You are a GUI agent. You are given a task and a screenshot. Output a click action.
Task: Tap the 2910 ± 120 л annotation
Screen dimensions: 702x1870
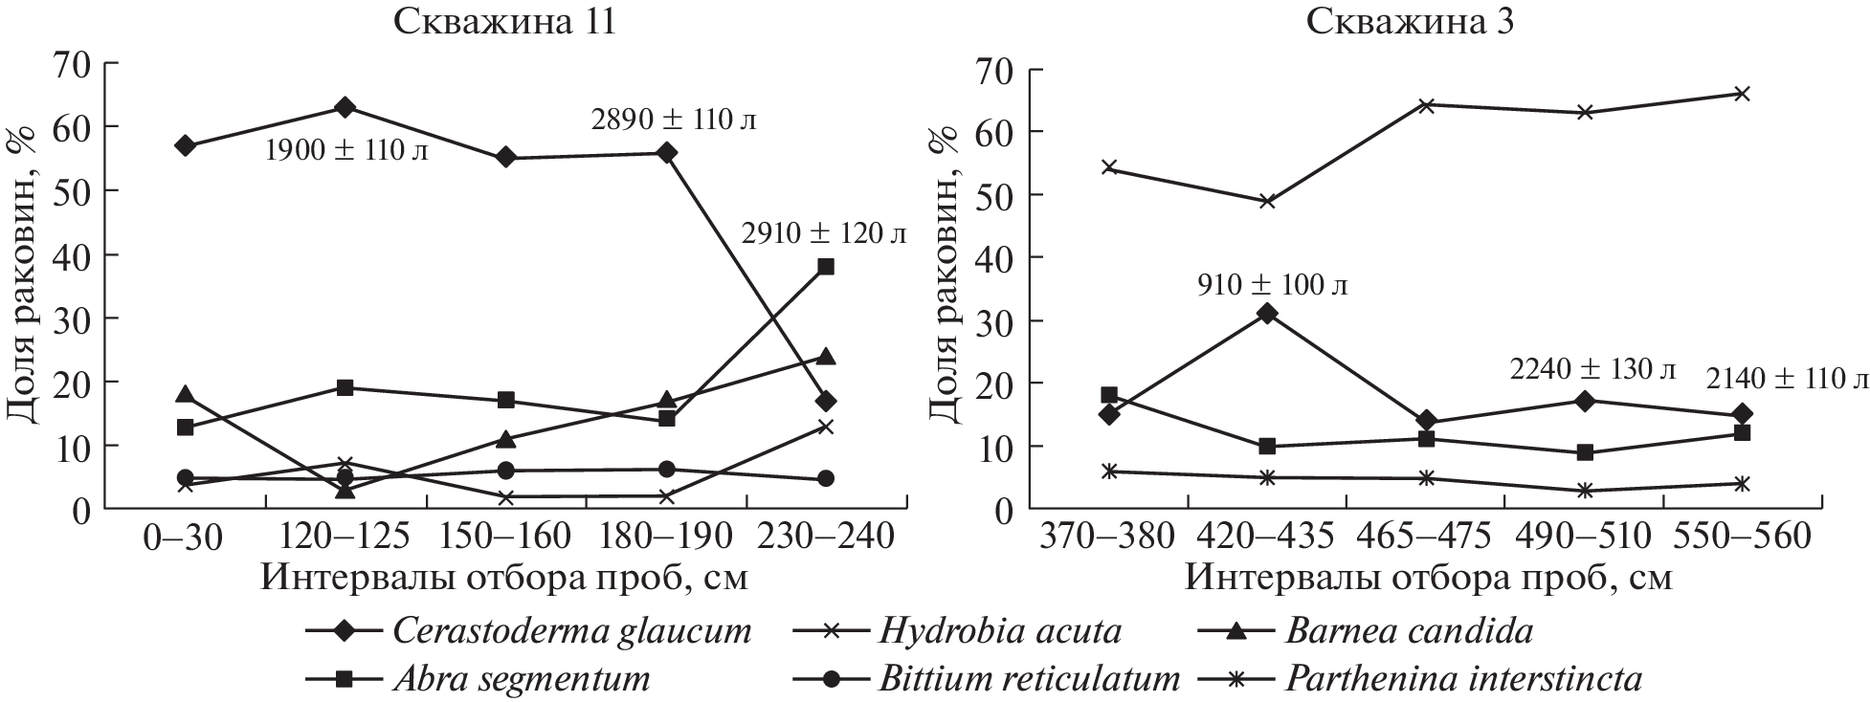tap(824, 233)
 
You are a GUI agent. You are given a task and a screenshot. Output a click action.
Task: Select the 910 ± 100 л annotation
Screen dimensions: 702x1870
tap(1272, 285)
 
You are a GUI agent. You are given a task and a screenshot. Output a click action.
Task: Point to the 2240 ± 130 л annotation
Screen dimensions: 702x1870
tap(1592, 368)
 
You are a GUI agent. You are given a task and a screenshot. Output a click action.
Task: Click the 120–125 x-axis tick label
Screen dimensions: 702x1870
tap(345, 537)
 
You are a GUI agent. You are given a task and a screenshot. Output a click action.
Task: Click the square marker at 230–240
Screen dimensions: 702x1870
tap(825, 267)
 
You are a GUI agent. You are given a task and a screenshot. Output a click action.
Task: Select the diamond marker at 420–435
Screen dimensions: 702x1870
tap(1267, 313)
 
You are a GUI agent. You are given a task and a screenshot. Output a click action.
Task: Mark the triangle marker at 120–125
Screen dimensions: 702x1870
tap(345, 490)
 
